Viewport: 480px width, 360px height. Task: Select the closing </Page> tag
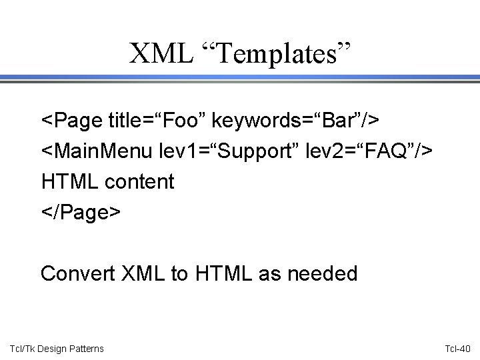[81, 211]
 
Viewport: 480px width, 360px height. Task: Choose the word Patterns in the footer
[86, 348]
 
